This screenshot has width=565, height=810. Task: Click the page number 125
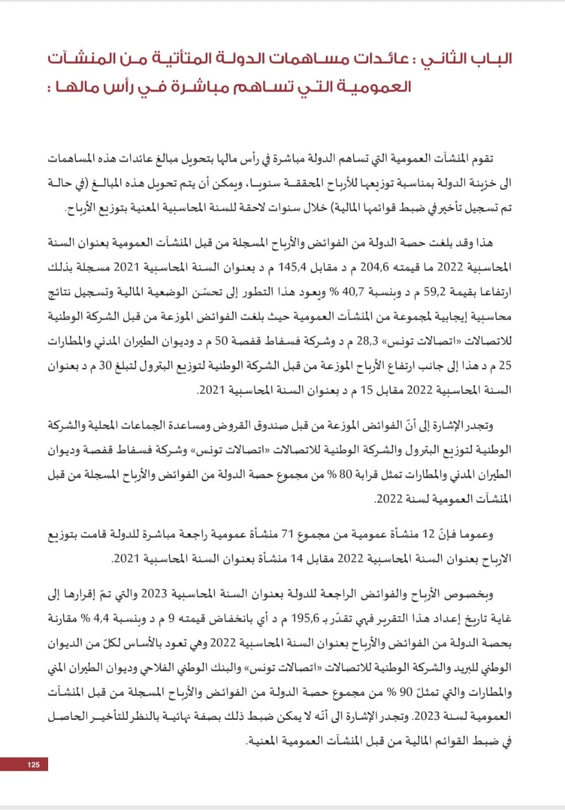coord(34,765)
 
